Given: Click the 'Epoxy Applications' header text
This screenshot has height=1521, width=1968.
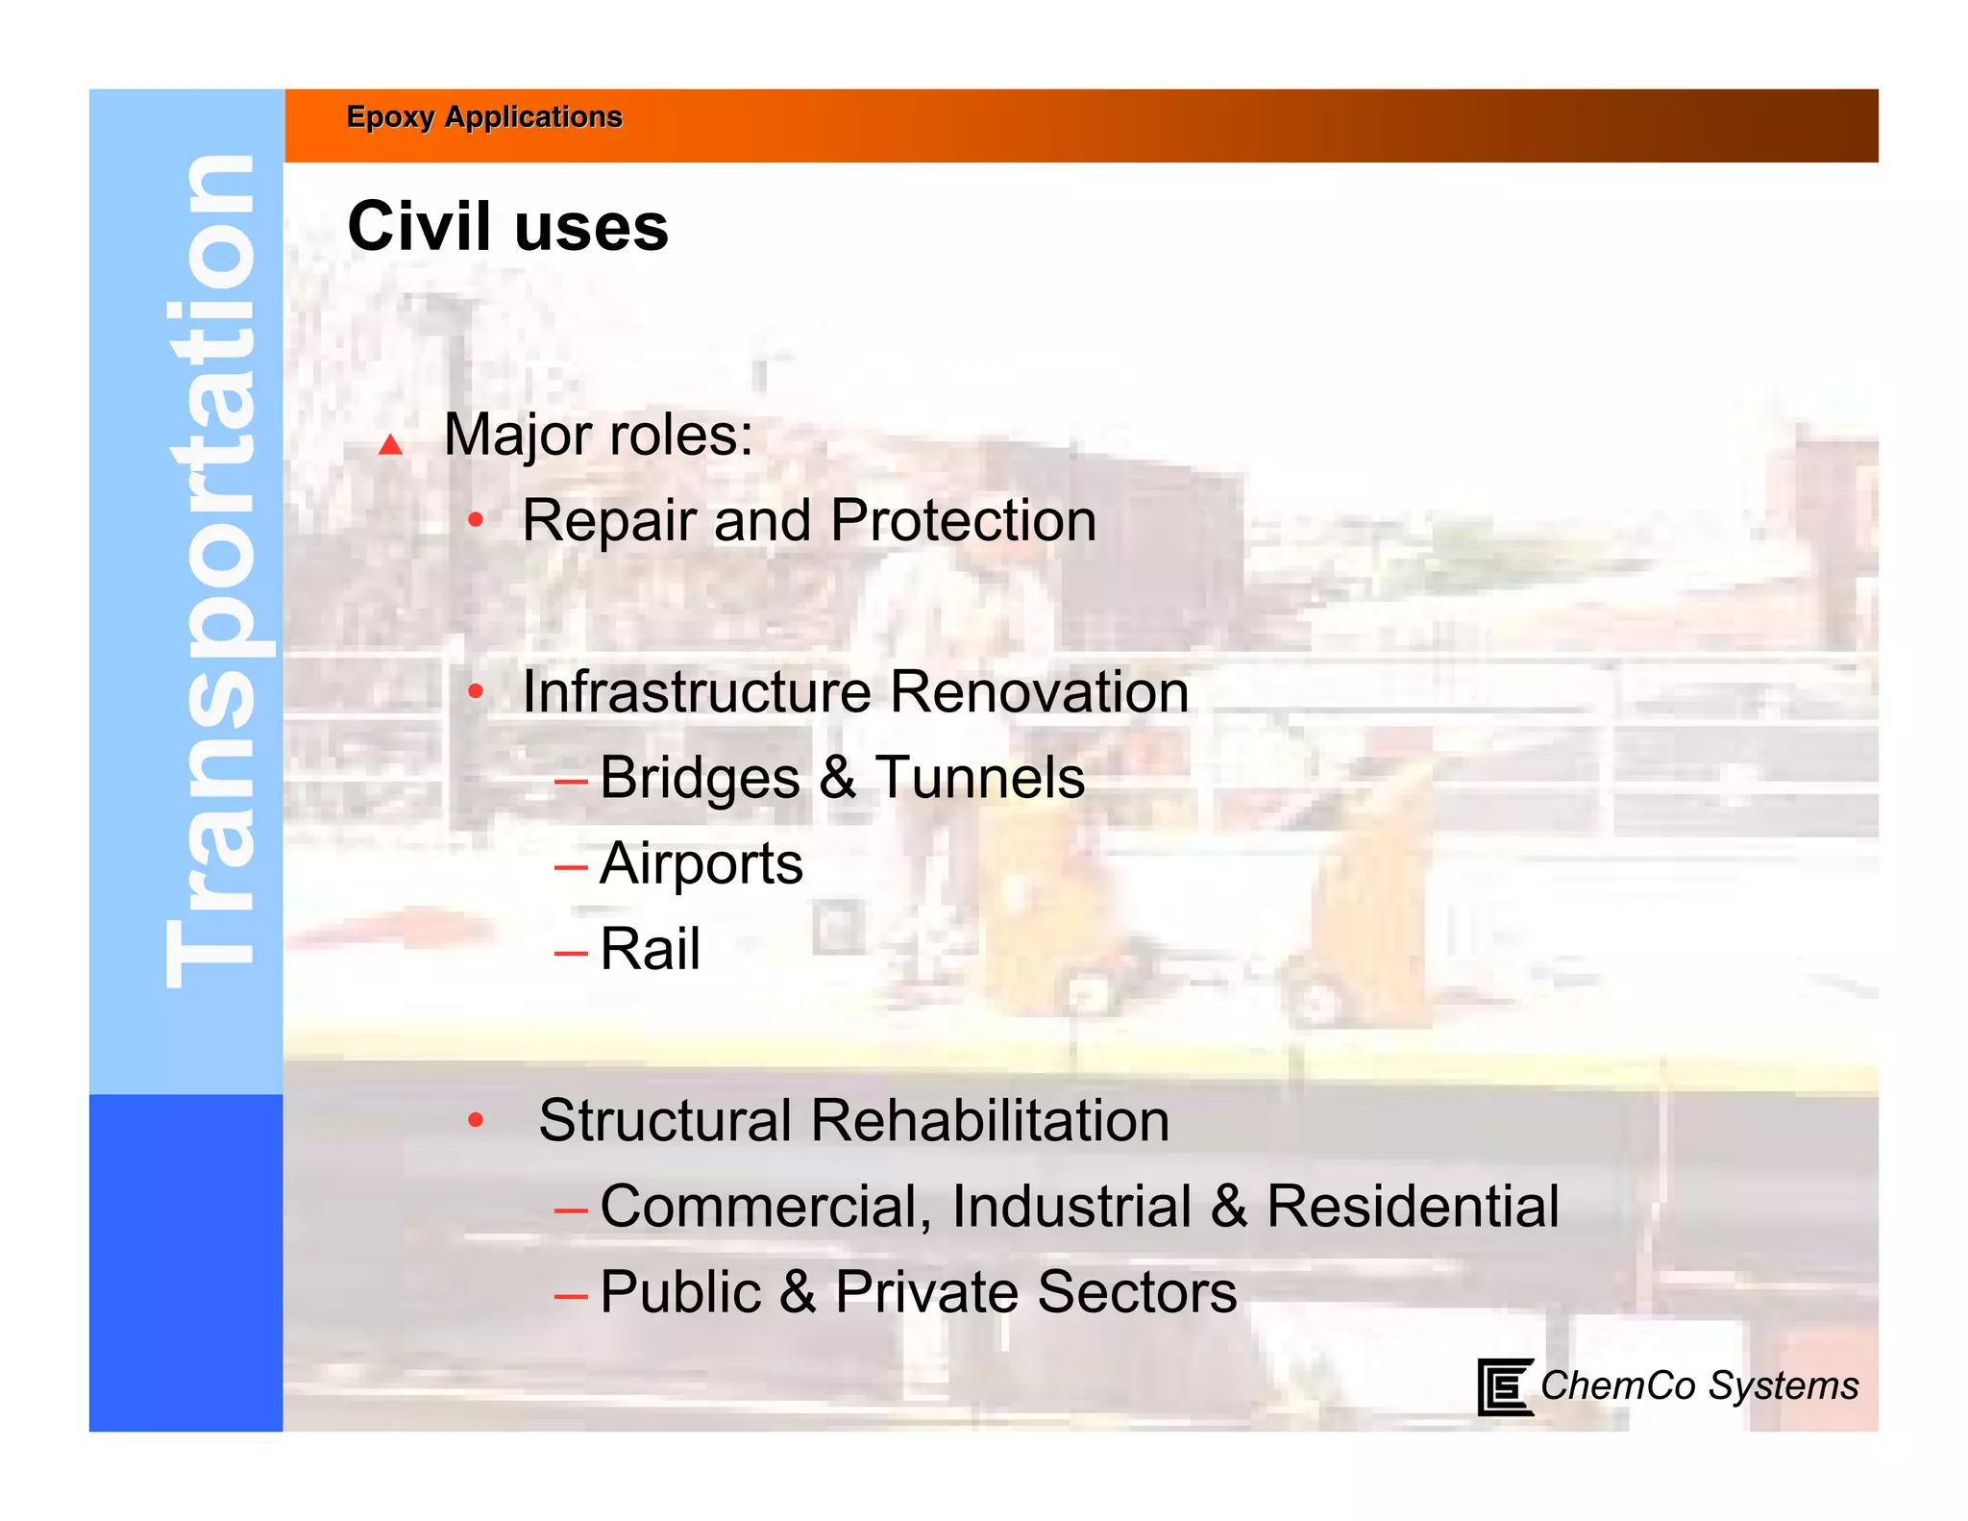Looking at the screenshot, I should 484,117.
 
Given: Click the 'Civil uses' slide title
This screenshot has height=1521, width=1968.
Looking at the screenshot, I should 507,227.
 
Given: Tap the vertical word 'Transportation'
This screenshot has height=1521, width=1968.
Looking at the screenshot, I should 209,572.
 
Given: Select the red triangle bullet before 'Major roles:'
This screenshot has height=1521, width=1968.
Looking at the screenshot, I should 390,444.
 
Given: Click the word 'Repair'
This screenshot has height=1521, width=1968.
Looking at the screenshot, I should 608,521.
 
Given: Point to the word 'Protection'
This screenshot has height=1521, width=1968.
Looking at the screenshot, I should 963,521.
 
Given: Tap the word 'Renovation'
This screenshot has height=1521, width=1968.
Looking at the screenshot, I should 1040,692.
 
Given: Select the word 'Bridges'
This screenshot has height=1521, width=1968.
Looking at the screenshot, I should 700,778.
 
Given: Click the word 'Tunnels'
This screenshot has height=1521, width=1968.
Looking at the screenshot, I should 980,778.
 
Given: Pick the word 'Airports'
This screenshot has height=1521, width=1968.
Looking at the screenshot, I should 701,863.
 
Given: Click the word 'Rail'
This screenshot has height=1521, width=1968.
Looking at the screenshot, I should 650,949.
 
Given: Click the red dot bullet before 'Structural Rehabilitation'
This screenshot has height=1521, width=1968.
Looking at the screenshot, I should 476,1120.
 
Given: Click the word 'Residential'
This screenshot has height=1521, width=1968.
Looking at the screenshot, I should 1413,1206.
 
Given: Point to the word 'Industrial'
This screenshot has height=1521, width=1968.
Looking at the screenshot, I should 1071,1206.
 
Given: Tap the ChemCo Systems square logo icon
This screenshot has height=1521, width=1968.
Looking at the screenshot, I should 1504,1386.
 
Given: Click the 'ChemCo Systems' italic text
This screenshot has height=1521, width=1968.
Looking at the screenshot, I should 1699,1386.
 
